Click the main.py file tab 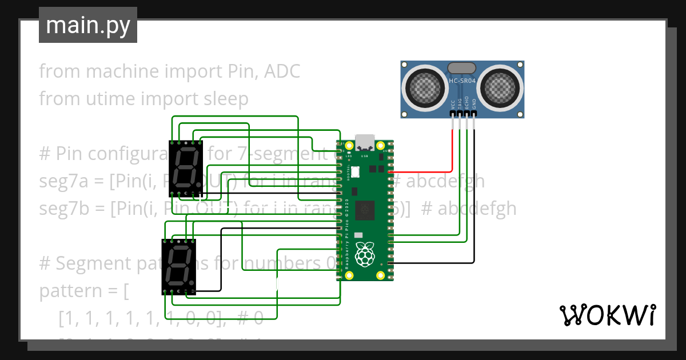pyautogui.click(x=87, y=26)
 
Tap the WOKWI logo pyautogui.click(x=607, y=315)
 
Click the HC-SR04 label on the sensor pyautogui.click(x=462, y=81)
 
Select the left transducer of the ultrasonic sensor pyautogui.click(x=425, y=87)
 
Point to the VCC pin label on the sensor pyautogui.click(x=453, y=105)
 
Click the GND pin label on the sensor pyautogui.click(x=474, y=105)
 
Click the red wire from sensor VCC pyautogui.click(x=423, y=171)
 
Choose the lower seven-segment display pyautogui.click(x=179, y=266)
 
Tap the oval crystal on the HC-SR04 pyautogui.click(x=462, y=68)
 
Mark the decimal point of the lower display pyautogui.click(x=193, y=285)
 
